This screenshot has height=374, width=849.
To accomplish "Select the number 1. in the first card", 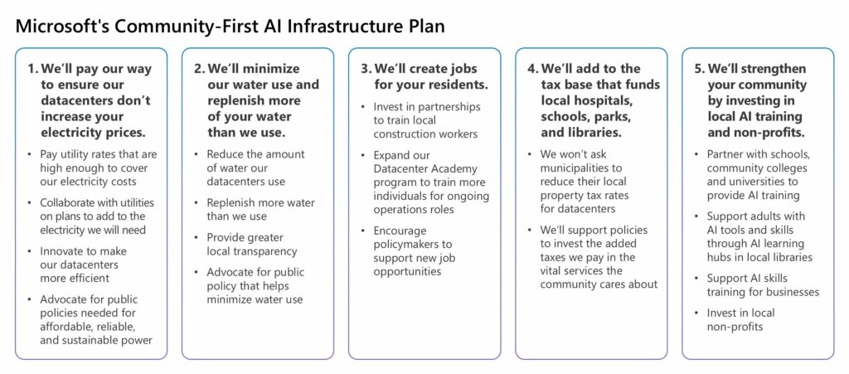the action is pyautogui.click(x=33, y=70).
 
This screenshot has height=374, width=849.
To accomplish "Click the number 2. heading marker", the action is pyautogui.click(x=200, y=70).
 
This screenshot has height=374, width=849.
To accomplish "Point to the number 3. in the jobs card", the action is pyautogui.click(x=366, y=70).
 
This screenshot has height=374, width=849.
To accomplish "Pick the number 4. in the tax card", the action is pyautogui.click(x=533, y=70).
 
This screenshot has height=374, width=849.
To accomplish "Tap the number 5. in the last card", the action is pyautogui.click(x=700, y=70).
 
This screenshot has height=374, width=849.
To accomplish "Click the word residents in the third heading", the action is pyautogui.click(x=458, y=85).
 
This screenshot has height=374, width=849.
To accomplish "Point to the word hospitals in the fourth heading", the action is pyautogui.click(x=600, y=101).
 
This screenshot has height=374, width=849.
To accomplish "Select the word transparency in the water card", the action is pyautogui.click(x=265, y=251).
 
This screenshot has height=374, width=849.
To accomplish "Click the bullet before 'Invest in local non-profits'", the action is pyautogui.click(x=696, y=313).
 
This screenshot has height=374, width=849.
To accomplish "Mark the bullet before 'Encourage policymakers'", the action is pyautogui.click(x=363, y=231).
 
